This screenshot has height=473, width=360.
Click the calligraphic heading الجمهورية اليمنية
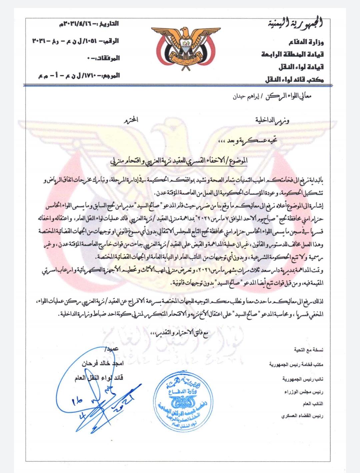tap(296, 24)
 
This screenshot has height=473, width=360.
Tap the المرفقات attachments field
tap(101, 59)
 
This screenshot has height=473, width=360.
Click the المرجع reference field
tap(78, 76)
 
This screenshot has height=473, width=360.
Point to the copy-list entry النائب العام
tap(313, 404)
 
